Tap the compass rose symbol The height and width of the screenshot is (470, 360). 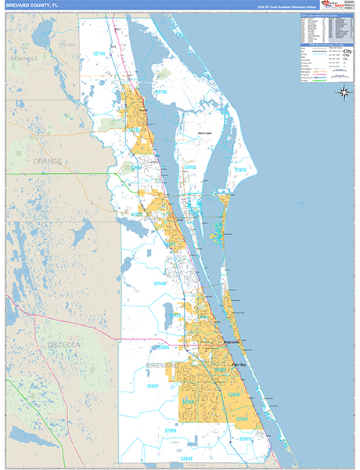pos(344,92)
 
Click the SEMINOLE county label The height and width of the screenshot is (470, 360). pos(24,59)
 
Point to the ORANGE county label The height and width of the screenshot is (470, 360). pos(47,161)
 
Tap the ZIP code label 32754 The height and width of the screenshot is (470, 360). pos(99,53)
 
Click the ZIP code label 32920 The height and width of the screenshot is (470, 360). pos(241,169)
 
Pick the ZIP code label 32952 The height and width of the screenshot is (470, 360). pos(190,167)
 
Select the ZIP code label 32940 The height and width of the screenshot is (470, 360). pos(160,284)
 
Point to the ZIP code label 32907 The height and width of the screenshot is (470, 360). pos(153,386)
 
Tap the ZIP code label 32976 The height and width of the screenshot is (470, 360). pos(247,439)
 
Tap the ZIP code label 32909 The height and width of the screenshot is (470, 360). pos(189,402)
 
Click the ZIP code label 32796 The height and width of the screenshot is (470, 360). pos(160,92)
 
